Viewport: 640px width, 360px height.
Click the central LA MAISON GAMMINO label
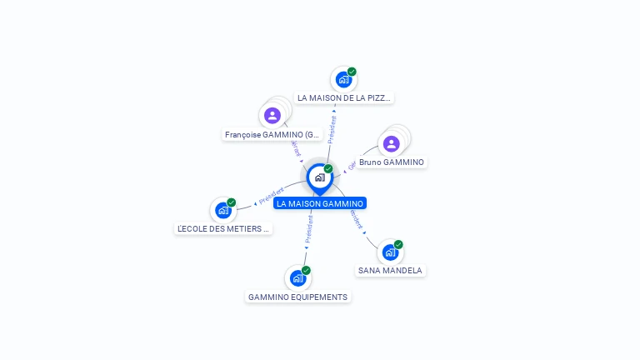pyautogui.click(x=320, y=203)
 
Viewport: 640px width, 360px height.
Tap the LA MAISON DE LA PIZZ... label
pyautogui.click(x=344, y=98)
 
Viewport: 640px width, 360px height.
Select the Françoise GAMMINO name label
pyautogui.click(x=272, y=134)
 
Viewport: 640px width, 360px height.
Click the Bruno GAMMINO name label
pyautogui.click(x=391, y=162)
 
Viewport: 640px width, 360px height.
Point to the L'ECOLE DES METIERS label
pyautogui.click(x=223, y=228)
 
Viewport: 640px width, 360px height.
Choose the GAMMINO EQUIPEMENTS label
pyautogui.click(x=297, y=297)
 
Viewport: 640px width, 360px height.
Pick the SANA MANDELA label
pyautogui.click(x=390, y=270)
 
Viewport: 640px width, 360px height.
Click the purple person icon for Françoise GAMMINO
pyautogui.click(x=272, y=115)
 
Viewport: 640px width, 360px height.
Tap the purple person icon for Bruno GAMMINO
pyautogui.click(x=392, y=144)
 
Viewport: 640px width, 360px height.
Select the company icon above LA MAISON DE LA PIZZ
pyautogui.click(x=342, y=80)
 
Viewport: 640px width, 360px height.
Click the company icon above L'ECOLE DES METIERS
pyautogui.click(x=222, y=210)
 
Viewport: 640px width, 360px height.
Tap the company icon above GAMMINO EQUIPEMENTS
pyautogui.click(x=297, y=278)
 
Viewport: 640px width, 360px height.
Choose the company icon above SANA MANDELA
pyautogui.click(x=389, y=252)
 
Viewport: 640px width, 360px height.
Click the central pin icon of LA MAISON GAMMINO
pyautogui.click(x=319, y=177)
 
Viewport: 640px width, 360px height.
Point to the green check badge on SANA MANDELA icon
pyautogui.click(x=398, y=244)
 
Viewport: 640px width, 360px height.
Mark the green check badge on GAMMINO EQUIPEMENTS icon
pyautogui.click(x=306, y=271)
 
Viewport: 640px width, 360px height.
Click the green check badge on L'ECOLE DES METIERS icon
pyautogui.click(x=232, y=202)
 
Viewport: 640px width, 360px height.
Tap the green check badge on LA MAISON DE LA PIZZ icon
pyautogui.click(x=352, y=72)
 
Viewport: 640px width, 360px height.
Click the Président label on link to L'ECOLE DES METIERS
pyautogui.click(x=272, y=197)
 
